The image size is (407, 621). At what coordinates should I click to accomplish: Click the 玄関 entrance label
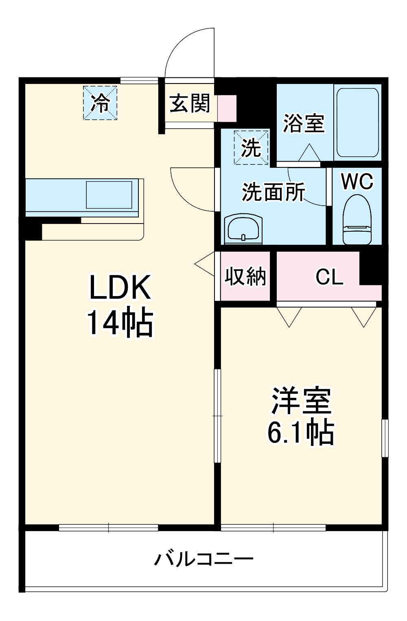point(190,103)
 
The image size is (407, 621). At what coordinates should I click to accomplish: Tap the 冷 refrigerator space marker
point(100,103)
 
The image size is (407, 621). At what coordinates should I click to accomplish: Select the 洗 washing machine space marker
point(251,147)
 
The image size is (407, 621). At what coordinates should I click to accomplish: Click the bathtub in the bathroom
point(358,122)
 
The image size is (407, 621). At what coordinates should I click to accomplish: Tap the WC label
point(357,181)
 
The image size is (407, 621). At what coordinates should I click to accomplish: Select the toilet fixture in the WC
point(357,219)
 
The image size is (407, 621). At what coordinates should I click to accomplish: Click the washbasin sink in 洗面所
point(243,229)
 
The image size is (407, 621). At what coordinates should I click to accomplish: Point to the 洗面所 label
point(273,191)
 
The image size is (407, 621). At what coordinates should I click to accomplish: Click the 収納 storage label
point(245,276)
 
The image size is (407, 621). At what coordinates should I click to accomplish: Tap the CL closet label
point(329,277)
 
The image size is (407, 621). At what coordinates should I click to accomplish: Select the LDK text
point(120,287)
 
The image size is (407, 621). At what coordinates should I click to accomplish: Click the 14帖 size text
point(120,323)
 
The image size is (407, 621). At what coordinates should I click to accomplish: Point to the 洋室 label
point(301,400)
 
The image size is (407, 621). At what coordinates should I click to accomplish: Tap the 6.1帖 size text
point(301,432)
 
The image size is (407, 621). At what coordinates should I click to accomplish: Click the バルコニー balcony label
point(203,559)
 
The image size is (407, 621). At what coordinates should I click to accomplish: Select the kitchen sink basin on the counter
point(109,195)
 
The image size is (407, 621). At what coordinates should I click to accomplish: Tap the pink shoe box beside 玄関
point(227,108)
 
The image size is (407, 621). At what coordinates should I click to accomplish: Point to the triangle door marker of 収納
point(206,264)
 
